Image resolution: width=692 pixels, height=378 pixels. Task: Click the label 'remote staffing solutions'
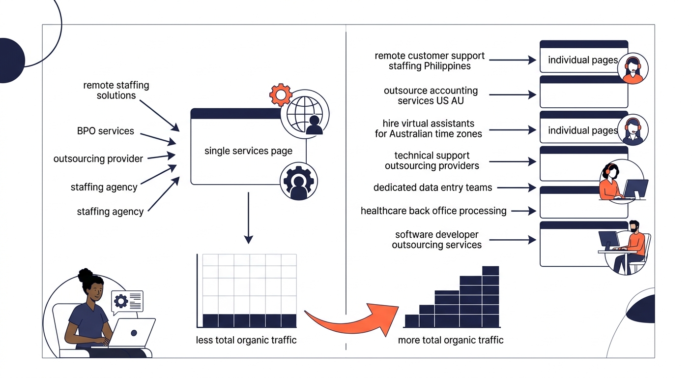coord(116,90)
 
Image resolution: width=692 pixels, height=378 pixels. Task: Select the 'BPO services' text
coord(105,131)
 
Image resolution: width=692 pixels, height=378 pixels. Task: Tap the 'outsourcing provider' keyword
coord(98,158)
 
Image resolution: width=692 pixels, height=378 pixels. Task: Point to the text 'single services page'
coord(248,151)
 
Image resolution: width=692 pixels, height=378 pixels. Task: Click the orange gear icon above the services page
coord(281,94)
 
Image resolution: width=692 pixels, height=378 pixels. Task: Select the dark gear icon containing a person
coord(298,181)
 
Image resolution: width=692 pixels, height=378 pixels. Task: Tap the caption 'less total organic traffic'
coord(246,340)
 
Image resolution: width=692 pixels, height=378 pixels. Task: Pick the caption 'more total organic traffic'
coord(451,340)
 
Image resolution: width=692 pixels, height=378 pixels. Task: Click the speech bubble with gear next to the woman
coord(127,302)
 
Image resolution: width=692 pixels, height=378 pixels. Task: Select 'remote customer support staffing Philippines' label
coord(430,61)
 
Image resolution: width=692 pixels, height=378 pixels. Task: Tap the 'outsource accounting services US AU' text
coord(431,95)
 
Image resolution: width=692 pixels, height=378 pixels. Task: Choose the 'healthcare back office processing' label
coord(433,211)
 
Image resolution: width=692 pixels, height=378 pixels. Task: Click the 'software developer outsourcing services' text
coord(436,239)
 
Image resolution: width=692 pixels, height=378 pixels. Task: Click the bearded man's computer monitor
coord(608,240)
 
